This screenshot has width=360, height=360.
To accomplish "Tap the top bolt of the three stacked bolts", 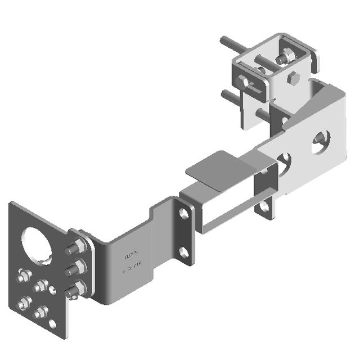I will (78, 248).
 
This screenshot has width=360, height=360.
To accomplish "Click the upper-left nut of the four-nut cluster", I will (24, 276).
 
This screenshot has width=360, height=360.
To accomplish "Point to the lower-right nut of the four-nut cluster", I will (41, 310).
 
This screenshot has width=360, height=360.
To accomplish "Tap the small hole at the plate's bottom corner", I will (53, 324).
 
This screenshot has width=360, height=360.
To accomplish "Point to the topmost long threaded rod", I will (231, 44).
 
